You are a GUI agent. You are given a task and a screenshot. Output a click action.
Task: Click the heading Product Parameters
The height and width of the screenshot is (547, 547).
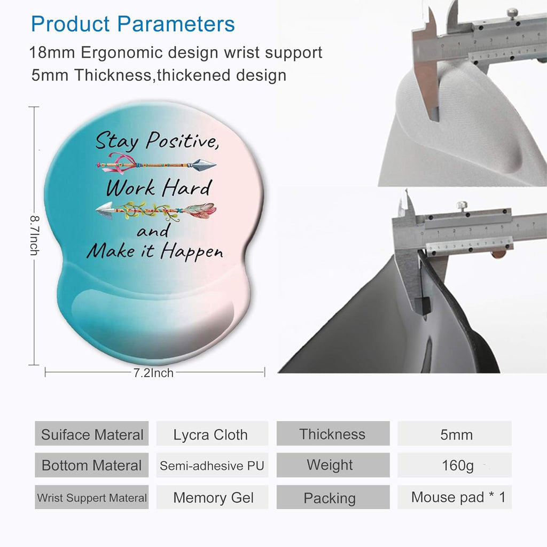coord(133,24)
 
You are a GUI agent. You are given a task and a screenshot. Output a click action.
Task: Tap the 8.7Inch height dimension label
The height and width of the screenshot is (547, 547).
coord(33,235)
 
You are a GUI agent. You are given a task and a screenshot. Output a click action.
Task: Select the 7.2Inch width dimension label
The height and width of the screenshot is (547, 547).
coord(153,373)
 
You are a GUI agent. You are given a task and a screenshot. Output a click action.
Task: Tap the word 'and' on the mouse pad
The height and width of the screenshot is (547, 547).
coord(153,231)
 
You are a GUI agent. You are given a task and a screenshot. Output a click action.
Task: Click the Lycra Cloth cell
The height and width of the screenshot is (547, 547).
coord(210,434)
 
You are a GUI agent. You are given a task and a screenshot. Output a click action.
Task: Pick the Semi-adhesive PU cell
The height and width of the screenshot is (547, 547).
coord(212,465)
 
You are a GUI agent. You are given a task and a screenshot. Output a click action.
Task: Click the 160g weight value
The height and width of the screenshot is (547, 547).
coord(457,466)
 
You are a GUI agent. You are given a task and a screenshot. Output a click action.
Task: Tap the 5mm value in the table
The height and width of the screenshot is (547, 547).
coord(456,435)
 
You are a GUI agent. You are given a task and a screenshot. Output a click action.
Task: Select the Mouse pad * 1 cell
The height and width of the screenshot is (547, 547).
coord(458,497)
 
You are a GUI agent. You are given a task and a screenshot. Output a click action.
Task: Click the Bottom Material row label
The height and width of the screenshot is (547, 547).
coord(91,465)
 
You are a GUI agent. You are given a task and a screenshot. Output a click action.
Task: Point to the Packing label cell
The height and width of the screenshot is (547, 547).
coord(330,498)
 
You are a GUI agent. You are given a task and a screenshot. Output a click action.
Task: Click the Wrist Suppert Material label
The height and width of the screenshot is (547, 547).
coord(91,498)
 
